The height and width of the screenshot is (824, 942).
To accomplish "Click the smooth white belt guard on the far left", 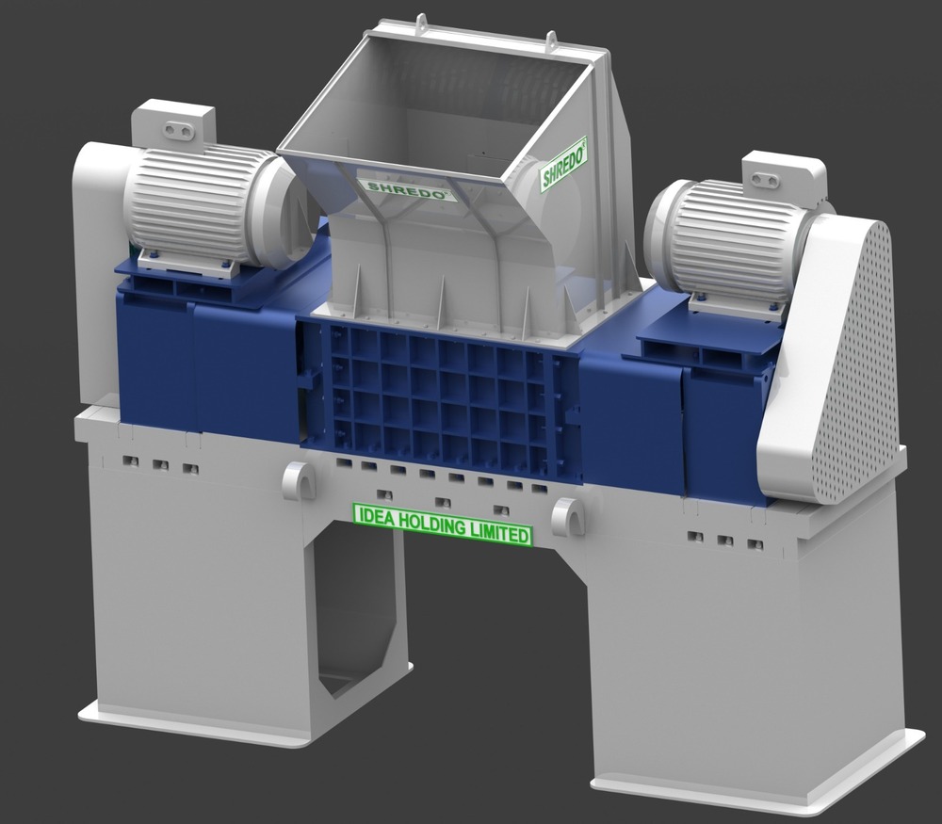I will coord(94,273).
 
